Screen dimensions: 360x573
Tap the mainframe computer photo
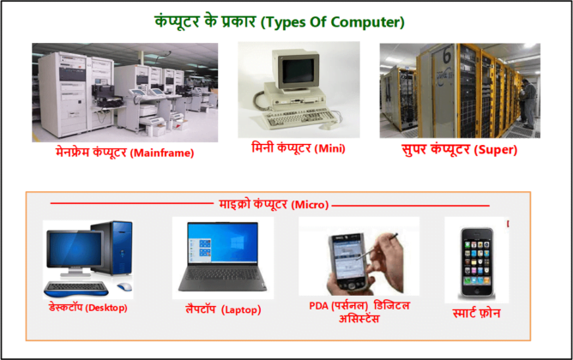pos(119,93)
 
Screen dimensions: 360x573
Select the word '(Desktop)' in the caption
pos(106,307)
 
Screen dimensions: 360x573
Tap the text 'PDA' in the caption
pos(320,306)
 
